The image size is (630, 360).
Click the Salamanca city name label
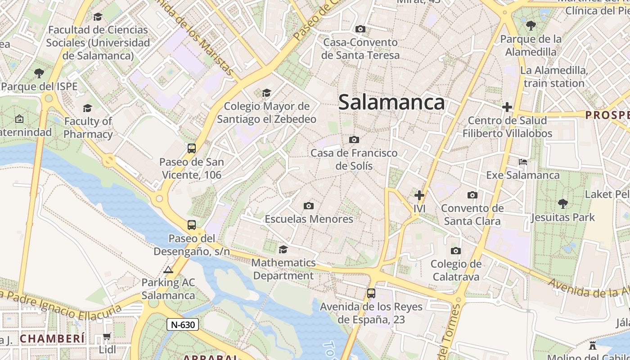(391, 102)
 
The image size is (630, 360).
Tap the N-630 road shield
(183, 324)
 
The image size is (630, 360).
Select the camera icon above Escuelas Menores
(308, 206)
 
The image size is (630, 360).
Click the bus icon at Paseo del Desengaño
(192, 225)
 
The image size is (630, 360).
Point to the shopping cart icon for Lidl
(107, 337)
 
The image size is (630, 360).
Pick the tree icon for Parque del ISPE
(39, 73)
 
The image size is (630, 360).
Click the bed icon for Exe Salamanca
(523, 162)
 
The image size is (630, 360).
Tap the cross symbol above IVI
(419, 195)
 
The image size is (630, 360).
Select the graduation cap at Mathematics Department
(283, 249)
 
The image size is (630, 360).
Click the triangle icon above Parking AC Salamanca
(168, 270)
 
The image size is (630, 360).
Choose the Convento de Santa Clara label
(472, 215)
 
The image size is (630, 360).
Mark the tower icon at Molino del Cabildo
(593, 345)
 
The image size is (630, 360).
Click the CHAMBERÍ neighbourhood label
(52, 338)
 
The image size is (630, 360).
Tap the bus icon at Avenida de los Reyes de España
(371, 293)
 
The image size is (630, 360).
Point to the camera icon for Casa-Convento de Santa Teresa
(360, 29)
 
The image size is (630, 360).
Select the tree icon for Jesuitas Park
(562, 204)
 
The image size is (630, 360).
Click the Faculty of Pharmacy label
(88, 128)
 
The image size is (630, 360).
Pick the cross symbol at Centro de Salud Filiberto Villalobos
(507, 107)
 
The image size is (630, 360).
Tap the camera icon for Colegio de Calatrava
(456, 251)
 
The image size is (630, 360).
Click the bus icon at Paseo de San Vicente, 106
(192, 148)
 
